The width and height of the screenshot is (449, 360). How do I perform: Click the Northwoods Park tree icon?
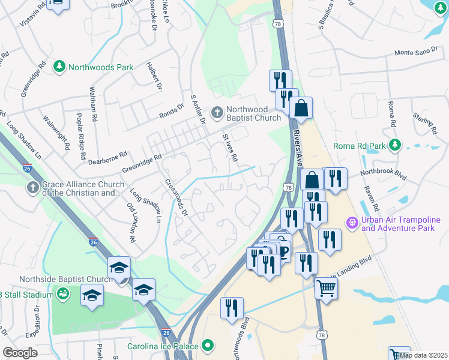tap(59, 67)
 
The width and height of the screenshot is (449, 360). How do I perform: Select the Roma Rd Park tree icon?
tap(395, 145)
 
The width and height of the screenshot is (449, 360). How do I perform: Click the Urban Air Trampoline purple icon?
tap(352, 223)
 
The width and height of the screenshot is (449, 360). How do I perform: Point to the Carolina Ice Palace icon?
tap(208, 346)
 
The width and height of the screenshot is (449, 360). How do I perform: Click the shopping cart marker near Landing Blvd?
tap(326, 287)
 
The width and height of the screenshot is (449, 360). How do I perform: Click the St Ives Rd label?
tap(231, 148)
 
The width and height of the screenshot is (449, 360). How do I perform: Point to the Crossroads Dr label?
tap(176, 197)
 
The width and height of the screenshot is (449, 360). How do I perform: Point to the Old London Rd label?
tap(132, 223)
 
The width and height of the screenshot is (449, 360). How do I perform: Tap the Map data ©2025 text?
tap(423, 355)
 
